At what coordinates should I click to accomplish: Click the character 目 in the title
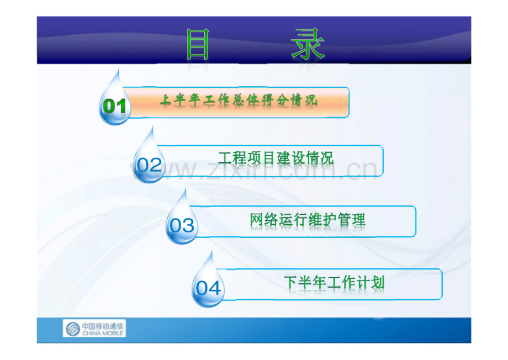198,45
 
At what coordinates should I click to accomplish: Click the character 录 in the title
308,45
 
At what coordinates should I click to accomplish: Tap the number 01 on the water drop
115,106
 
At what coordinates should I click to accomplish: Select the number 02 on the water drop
149,165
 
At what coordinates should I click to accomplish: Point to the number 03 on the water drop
182,225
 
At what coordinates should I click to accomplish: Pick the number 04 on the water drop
208,288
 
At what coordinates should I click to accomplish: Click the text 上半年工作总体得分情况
239,100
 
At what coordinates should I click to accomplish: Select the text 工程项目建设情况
276,158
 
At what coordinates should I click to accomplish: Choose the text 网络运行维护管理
308,220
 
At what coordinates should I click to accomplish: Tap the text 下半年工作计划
334,283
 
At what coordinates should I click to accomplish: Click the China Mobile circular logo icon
73,329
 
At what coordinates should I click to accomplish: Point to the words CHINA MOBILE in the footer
103,333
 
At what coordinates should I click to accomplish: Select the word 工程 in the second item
232,158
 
